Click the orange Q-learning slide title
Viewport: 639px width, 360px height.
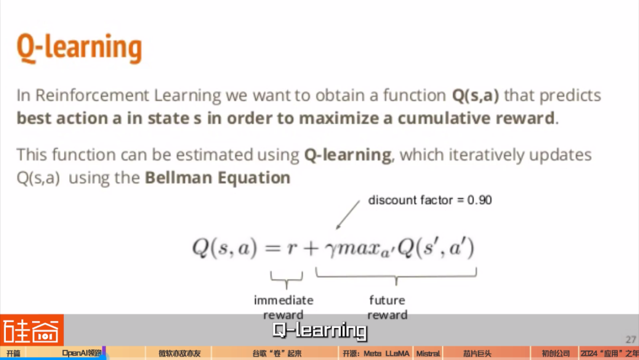79,48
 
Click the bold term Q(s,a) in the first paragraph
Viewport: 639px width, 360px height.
475,95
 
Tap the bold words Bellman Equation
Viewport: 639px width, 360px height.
218,178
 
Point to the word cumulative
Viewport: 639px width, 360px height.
443,118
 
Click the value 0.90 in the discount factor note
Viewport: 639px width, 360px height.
479,200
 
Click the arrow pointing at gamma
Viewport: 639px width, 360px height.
348,215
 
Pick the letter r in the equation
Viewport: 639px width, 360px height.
291,248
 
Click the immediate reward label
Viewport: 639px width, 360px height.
283,307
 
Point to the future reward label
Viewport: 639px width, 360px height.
387,307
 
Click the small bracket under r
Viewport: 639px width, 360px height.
286,279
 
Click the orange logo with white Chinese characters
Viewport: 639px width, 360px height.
32,330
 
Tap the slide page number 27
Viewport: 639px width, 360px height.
631,339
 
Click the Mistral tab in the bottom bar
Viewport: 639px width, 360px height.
428,353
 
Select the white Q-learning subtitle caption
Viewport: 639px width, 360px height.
319,330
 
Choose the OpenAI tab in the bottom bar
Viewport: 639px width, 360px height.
82,353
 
